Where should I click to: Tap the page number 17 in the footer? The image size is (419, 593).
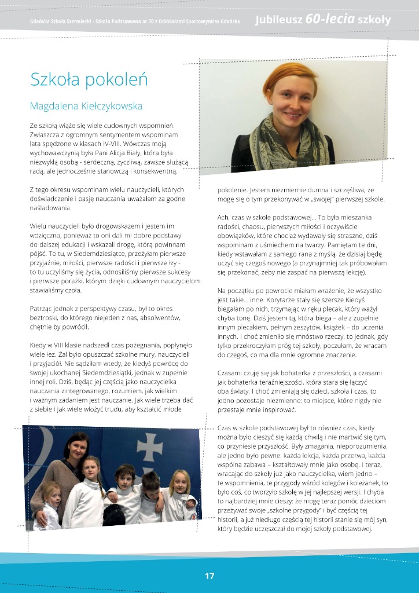[209, 576]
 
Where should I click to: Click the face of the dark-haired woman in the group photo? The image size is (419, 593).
[77, 448]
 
